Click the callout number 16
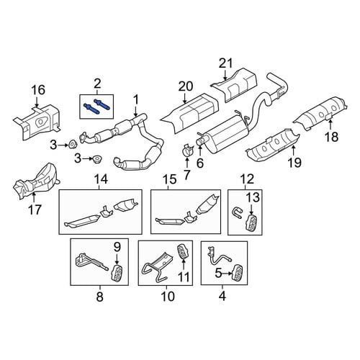click(39, 90)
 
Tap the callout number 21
click(225, 64)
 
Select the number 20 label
click(186, 86)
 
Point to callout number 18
click(331, 137)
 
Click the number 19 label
click(294, 163)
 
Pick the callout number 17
click(35, 210)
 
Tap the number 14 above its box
click(101, 179)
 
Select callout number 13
click(253, 197)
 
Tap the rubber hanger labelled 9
click(116, 273)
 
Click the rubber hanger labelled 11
click(182, 253)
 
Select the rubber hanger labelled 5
click(237, 272)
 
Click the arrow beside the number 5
click(227, 273)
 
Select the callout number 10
click(168, 297)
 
